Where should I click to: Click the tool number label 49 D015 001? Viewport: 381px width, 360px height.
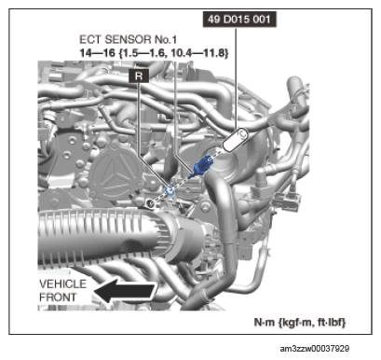click(239, 20)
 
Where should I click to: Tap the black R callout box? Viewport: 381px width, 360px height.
click(139, 76)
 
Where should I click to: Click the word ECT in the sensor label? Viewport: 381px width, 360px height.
click(90, 39)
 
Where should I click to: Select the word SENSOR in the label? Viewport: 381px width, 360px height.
click(129, 39)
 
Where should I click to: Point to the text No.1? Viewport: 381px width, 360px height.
click(166, 39)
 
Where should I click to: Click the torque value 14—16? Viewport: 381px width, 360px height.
click(97, 53)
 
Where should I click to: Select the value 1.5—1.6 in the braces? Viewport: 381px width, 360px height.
click(145, 53)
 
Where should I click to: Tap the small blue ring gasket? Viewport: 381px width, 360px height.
click(170, 191)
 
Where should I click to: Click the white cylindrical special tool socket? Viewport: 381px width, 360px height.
click(236, 140)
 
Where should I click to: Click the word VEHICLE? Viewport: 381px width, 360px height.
click(62, 284)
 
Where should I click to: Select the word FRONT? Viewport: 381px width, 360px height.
click(58, 298)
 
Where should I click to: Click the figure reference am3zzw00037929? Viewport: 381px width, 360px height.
click(315, 349)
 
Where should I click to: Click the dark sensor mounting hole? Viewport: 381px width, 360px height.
click(150, 203)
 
